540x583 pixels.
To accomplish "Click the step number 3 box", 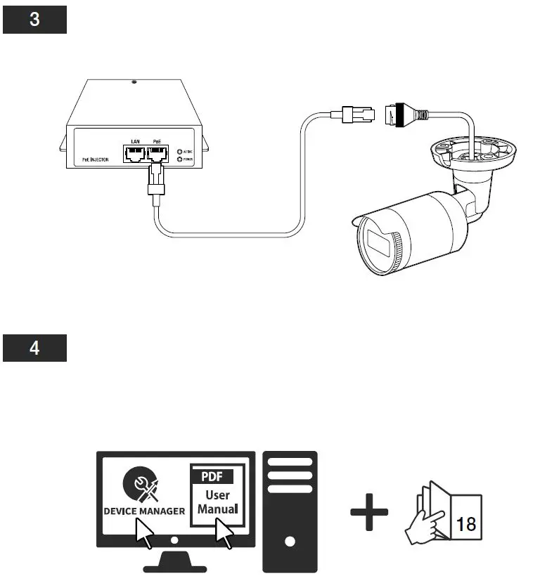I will pyautogui.click(x=34, y=20).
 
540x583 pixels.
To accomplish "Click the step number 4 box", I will pyautogui.click(x=34, y=348).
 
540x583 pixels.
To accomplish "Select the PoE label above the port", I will pyautogui.click(x=157, y=142).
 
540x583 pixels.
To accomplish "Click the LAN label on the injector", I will pyautogui.click(x=134, y=142).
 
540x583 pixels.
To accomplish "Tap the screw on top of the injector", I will pyautogui.click(x=134, y=82).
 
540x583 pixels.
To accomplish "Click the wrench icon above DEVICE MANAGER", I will pyautogui.click(x=143, y=485).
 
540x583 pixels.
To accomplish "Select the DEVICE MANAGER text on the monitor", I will pyautogui.click(x=144, y=511).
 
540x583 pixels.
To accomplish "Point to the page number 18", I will pyautogui.click(x=464, y=525).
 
